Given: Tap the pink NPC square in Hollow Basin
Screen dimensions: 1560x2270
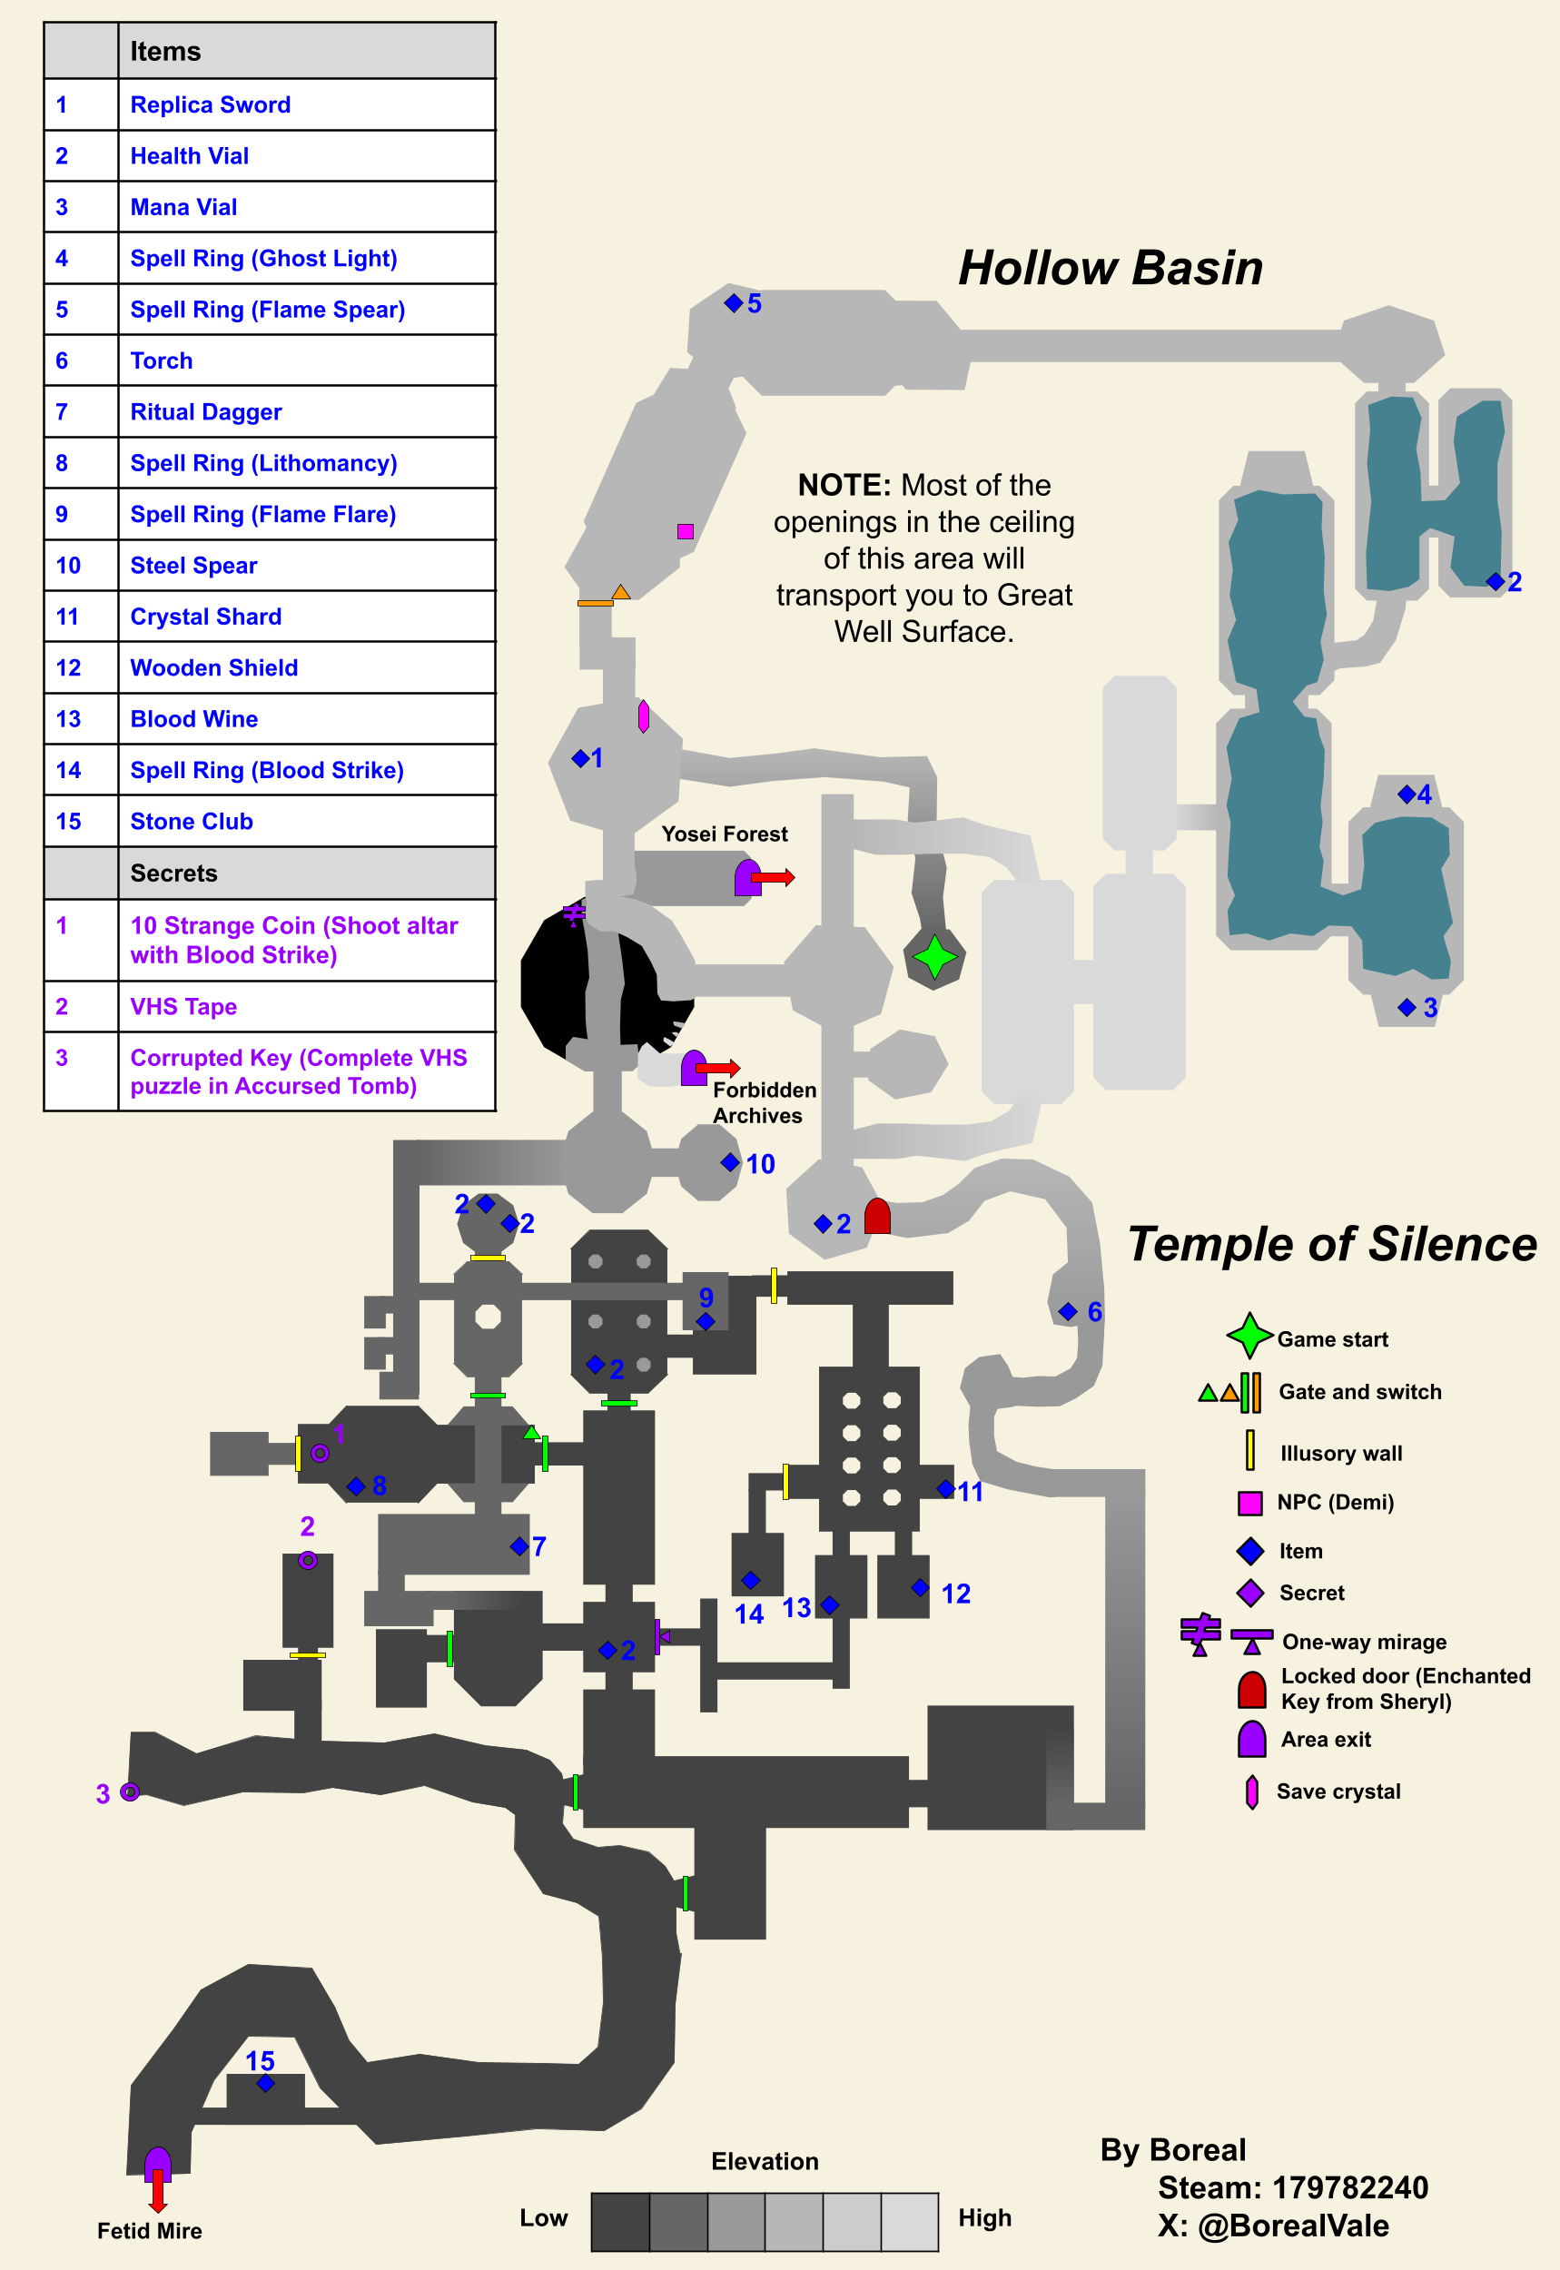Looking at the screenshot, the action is pyautogui.click(x=686, y=531).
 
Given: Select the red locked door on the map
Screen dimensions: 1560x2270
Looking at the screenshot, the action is pyautogui.click(x=877, y=1216).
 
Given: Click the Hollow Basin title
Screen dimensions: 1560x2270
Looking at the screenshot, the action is pyautogui.click(x=1111, y=268).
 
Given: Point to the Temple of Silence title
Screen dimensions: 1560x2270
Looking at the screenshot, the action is pyautogui.click(x=1332, y=1244).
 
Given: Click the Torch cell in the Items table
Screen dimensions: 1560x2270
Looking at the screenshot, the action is pyautogui.click(x=162, y=360).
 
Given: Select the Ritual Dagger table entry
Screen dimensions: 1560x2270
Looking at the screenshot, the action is pyautogui.click(x=206, y=411).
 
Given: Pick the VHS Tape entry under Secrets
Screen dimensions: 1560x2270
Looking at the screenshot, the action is pyautogui.click(x=183, y=1006).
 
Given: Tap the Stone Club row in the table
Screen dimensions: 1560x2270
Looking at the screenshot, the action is pyautogui.click(x=192, y=821).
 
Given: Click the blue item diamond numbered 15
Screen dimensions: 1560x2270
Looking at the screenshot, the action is pyautogui.click(x=265, y=2082).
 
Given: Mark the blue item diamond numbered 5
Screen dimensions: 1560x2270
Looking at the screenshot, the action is pyautogui.click(x=733, y=303).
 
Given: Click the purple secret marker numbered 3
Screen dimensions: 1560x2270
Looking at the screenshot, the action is pyautogui.click(x=129, y=1791).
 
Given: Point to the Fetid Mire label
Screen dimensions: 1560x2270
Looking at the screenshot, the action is pyautogui.click(x=150, y=2231).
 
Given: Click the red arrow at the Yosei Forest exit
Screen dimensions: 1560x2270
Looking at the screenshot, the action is pyautogui.click(x=772, y=877).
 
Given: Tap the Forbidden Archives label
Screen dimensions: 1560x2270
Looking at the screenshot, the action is pyautogui.click(x=765, y=1102).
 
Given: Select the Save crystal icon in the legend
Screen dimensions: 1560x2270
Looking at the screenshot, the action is pyautogui.click(x=1251, y=1791).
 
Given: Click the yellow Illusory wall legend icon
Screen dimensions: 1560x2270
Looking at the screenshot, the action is pyautogui.click(x=1249, y=1450).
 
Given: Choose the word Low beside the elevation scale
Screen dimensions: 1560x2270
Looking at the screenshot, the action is pyautogui.click(x=544, y=2217).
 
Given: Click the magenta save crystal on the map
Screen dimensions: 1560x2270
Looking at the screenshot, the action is pyautogui.click(x=643, y=716).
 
